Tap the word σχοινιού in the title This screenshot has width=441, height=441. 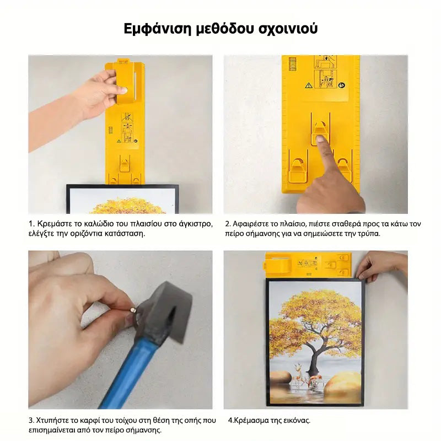288,29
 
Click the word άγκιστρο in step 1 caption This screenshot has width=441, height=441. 196,224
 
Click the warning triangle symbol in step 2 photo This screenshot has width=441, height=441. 309,85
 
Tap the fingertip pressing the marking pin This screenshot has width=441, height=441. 321,139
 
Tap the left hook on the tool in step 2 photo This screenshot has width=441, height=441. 298,171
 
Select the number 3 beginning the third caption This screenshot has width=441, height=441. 31,421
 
